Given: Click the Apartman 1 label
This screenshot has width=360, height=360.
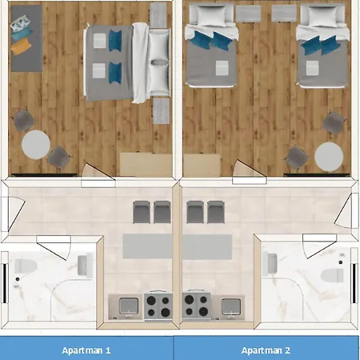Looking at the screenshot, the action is [x=86, y=350].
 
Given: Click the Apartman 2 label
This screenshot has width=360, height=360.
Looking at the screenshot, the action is [x=266, y=350].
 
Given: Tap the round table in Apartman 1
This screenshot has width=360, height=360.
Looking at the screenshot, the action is [x=36, y=145].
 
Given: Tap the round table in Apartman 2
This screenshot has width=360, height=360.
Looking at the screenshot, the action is [x=329, y=157].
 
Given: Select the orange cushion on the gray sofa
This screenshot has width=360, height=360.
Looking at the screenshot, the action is [x=21, y=46].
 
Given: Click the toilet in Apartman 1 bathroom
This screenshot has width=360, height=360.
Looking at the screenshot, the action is [x=25, y=266].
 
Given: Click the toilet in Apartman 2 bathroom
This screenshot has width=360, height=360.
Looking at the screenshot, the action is [x=332, y=275].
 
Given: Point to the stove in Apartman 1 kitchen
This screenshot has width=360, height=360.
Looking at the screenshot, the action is [x=158, y=306].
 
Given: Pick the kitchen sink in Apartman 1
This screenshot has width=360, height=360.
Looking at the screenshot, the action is [x=129, y=306].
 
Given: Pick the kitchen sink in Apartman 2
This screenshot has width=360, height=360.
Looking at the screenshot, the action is [x=230, y=306].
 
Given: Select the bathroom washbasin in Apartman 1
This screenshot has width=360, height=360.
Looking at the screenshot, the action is [x=82, y=265].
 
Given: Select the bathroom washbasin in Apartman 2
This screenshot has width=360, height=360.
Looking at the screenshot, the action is [x=272, y=264].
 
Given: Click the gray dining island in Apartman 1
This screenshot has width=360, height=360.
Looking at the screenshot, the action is [x=147, y=246].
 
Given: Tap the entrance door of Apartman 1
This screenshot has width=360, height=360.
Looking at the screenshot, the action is [x=14, y=214].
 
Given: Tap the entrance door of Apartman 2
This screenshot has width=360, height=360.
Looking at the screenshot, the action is [x=346, y=210].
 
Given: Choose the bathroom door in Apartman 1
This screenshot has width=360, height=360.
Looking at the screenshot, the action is [x=54, y=247].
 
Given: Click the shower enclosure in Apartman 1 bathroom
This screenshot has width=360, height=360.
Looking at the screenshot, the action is [x=74, y=300].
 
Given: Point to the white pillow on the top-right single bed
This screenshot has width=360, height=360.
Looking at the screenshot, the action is [x=323, y=16].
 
